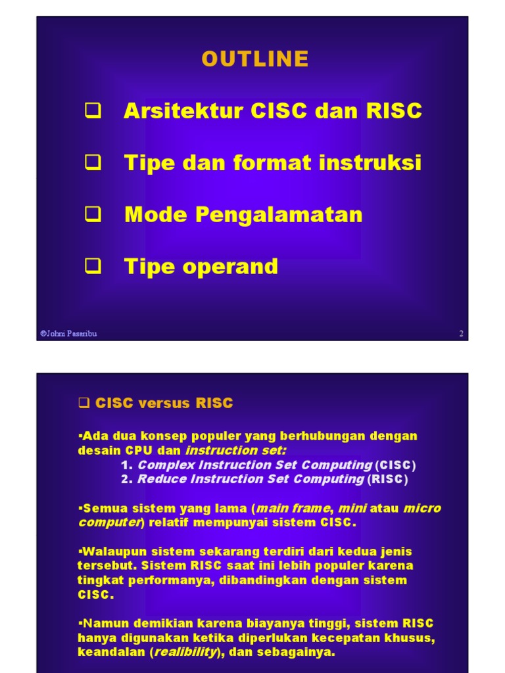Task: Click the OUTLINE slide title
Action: pos(255,59)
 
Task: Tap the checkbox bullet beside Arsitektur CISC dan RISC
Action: pos(93,110)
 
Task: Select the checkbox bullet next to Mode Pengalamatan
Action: pos(93,214)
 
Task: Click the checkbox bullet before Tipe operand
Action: pos(93,266)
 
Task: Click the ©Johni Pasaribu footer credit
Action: pos(68,333)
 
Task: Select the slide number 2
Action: pos(461,333)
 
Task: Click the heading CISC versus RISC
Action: pos(164,404)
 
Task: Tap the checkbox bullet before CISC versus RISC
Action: pos(84,404)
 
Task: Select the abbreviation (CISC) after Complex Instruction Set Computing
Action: pos(396,465)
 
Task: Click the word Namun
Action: pos(99,623)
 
